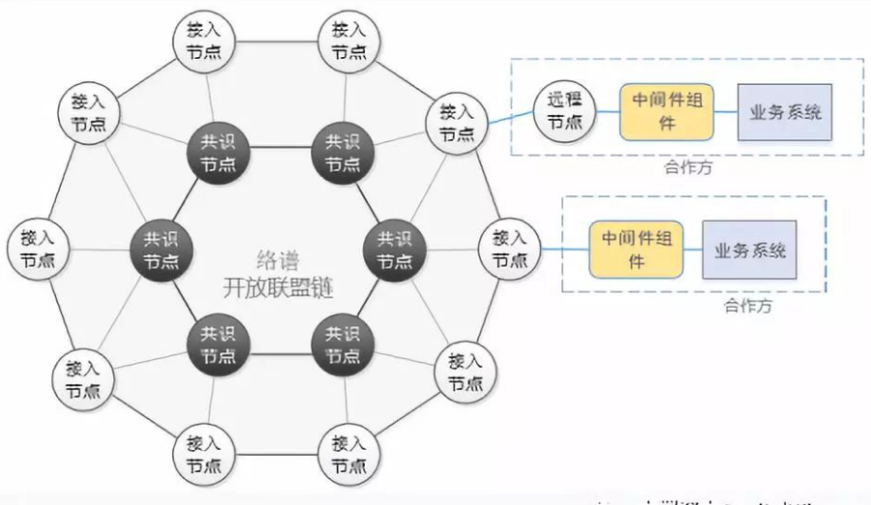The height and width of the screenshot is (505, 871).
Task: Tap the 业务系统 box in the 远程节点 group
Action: (x=785, y=111)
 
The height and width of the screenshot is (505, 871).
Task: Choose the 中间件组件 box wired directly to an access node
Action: (x=629, y=250)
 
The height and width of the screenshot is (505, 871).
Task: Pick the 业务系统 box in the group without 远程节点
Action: (x=750, y=250)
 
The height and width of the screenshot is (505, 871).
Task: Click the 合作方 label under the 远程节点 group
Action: (x=688, y=167)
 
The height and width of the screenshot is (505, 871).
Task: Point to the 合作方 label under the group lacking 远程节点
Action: (x=748, y=306)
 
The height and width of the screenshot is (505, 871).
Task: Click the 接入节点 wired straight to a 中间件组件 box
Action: (x=510, y=249)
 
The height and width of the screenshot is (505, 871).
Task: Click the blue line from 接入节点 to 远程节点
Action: (x=509, y=117)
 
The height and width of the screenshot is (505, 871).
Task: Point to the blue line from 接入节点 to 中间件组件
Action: (x=565, y=250)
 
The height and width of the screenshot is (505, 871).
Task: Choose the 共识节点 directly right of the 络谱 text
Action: (x=394, y=249)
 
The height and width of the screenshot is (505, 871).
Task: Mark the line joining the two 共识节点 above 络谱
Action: (x=277, y=149)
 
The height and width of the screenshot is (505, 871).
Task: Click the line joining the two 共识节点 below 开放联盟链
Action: (x=277, y=349)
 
